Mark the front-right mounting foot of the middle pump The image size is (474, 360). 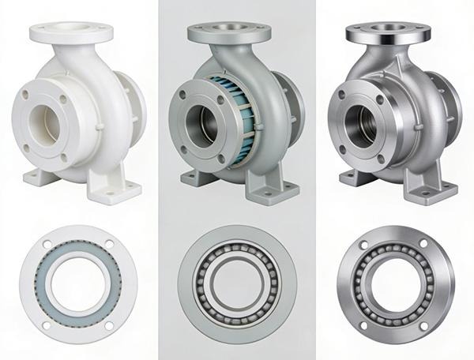click(x=276, y=189)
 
